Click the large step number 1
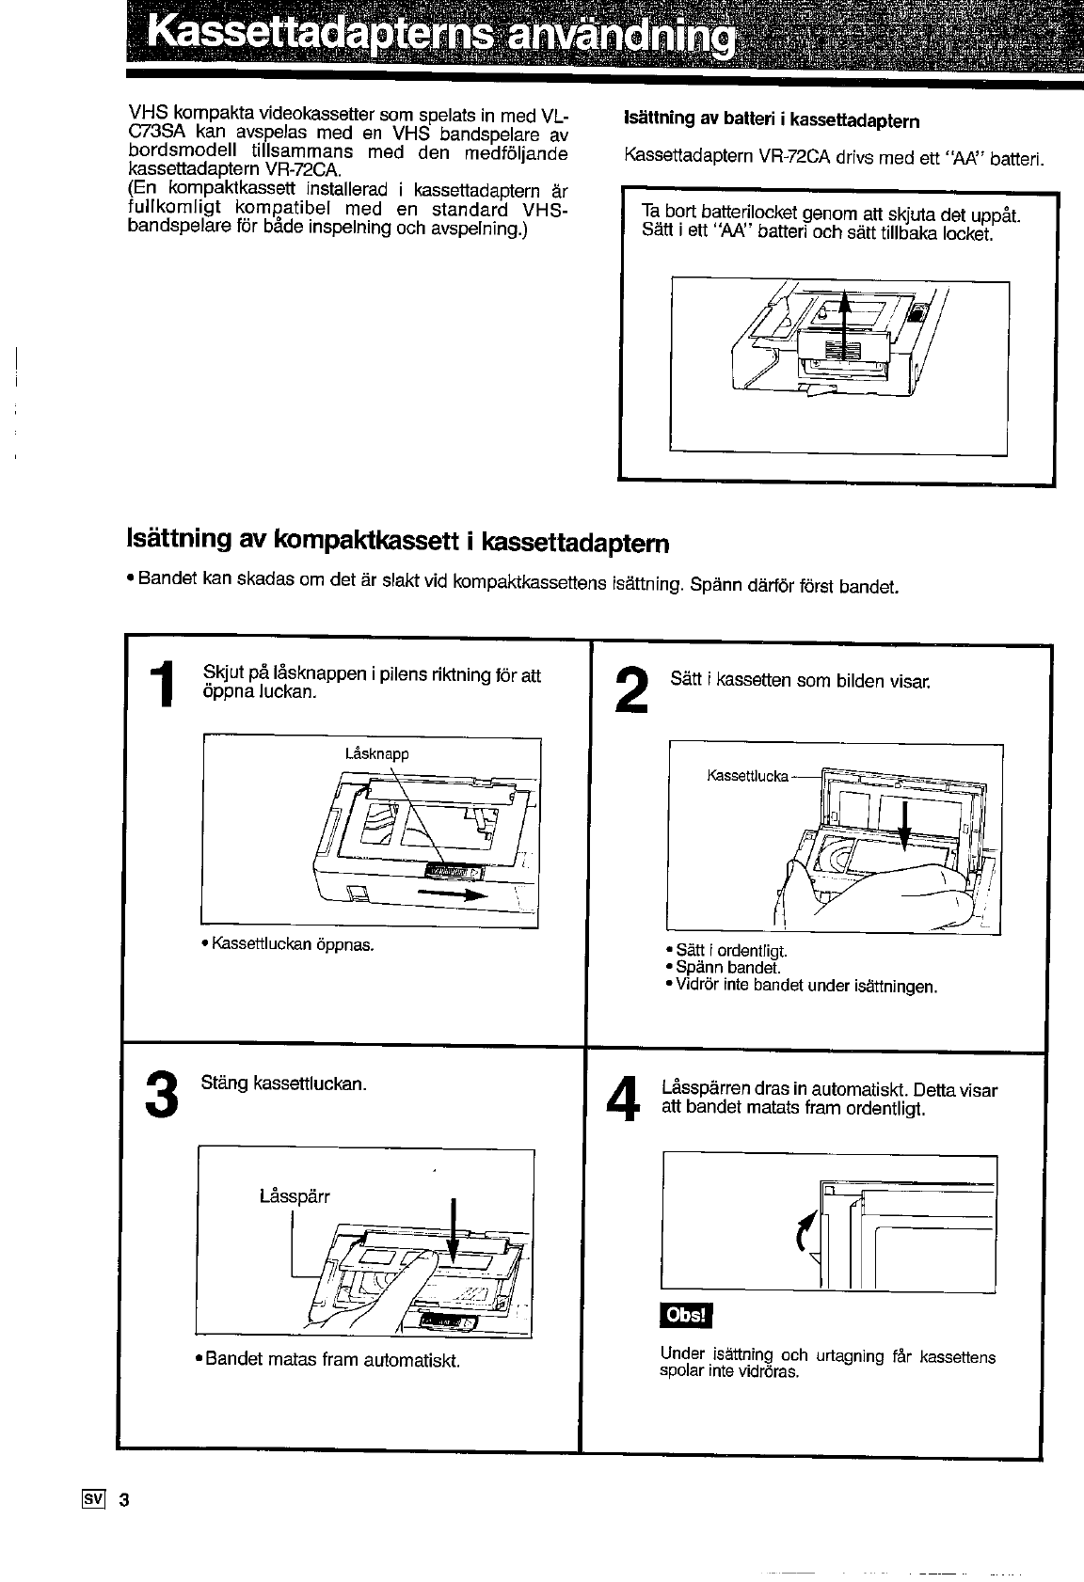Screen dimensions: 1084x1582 pyautogui.click(x=163, y=683)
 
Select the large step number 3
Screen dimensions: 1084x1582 pyautogui.click(x=161, y=1094)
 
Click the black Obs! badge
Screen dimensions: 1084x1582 pyautogui.click(x=686, y=1314)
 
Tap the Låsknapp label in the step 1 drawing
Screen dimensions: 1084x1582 pyautogui.click(x=376, y=754)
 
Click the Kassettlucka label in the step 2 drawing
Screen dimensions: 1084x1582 pyautogui.click(x=748, y=775)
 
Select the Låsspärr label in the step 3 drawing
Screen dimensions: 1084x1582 pyautogui.click(x=295, y=1196)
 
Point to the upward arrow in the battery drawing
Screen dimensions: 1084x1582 pyautogui.click(x=843, y=325)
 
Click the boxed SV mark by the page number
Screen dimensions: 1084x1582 pyautogui.click(x=93, y=1498)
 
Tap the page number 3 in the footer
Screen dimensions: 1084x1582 pyautogui.click(x=124, y=1499)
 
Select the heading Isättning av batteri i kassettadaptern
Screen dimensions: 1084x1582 pyautogui.click(x=772, y=119)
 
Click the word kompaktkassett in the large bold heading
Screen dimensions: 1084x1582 pyautogui.click(x=367, y=540)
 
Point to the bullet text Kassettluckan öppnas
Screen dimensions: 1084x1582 pyautogui.click(x=287, y=944)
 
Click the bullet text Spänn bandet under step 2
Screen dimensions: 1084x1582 pyautogui.click(x=723, y=968)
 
